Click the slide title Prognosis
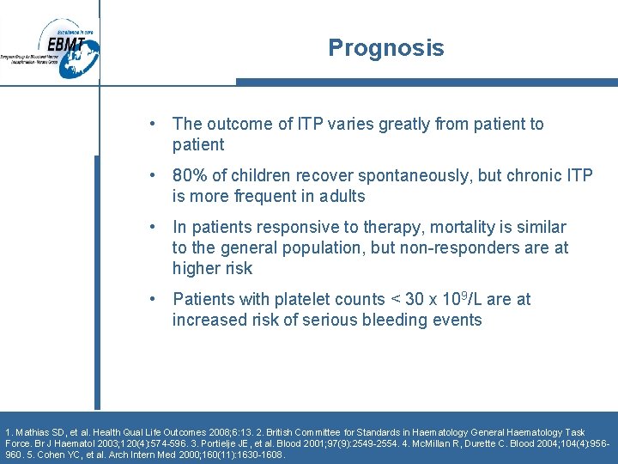(385, 48)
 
